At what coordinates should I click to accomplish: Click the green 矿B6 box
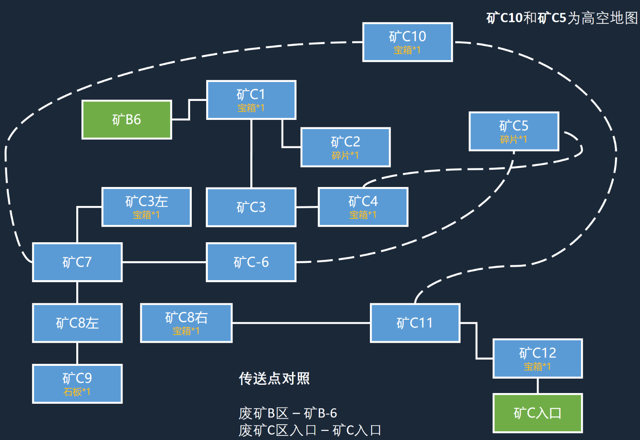127,120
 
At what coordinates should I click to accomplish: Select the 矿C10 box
407,42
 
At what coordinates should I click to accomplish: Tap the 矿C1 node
251,100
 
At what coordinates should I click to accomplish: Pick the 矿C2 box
346,147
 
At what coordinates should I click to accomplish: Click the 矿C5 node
514,131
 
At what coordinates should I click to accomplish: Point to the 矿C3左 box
146,207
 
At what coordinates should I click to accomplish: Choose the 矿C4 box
363,207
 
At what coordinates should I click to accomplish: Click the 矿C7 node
77,262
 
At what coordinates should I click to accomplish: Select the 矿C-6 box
251,262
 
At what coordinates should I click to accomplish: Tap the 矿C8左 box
77,323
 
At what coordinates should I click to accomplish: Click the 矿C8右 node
186,323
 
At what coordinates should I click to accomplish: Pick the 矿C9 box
77,384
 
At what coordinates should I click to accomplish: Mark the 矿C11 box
415,323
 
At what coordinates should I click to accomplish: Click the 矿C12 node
537,358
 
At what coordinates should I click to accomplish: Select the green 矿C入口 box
537,413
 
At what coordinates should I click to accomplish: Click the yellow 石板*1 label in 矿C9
77,392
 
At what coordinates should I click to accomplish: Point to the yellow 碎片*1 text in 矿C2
346,156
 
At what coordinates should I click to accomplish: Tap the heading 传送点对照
274,378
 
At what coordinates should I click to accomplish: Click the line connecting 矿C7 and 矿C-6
164,262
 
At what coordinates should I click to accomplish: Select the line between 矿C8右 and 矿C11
301,323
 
